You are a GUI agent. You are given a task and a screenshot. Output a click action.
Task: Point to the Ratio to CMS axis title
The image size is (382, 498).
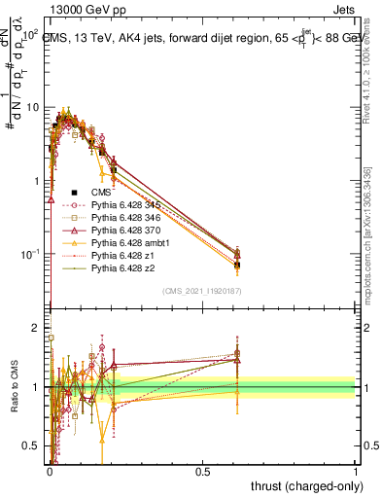coord(13,389)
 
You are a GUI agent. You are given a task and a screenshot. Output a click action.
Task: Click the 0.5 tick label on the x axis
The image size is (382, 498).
coord(203,471)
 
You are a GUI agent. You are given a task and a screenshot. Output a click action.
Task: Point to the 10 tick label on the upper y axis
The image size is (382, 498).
coord(32,107)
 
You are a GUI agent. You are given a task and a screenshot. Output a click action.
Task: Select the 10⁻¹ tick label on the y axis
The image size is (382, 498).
coord(29,255)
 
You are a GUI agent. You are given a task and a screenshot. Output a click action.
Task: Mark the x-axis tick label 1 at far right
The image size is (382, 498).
coord(356,471)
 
